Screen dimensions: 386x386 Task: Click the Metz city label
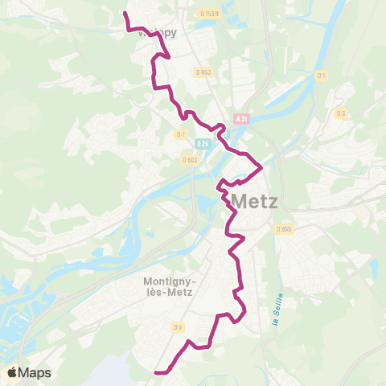tap(254, 200)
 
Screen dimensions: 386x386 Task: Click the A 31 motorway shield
tap(241, 118)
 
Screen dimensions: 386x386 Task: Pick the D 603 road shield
tap(190, 158)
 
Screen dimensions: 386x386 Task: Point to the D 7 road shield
tap(181, 133)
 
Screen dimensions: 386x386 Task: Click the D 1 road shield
tap(322, 76)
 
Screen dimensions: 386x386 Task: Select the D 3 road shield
tap(341, 113)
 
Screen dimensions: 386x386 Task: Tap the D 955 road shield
tap(284, 228)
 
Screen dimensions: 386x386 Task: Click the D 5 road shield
tap(178, 326)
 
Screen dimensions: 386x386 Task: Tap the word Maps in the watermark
tap(35, 373)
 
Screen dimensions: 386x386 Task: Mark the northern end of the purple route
tap(124, 13)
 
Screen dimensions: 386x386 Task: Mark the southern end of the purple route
tap(155, 372)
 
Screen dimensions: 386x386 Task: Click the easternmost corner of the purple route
tap(262, 166)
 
